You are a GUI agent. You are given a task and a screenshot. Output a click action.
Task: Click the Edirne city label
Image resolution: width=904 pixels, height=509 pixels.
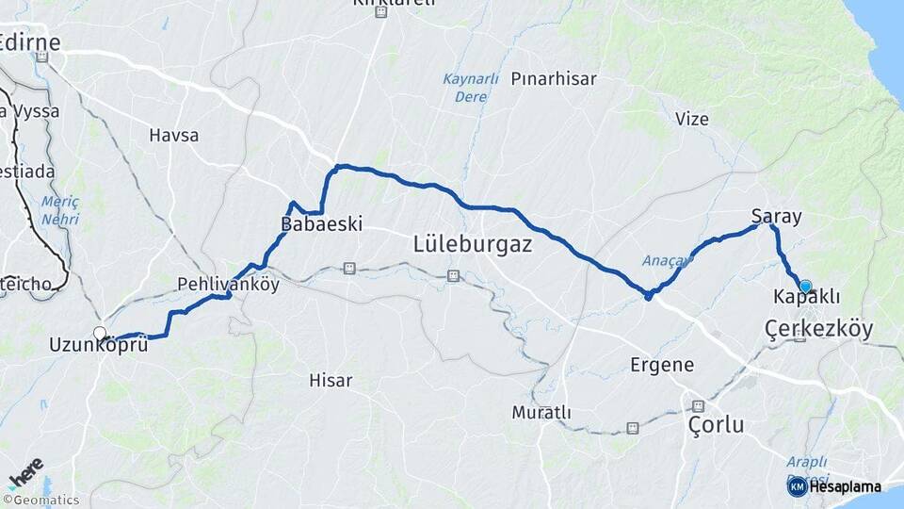(x=31, y=42)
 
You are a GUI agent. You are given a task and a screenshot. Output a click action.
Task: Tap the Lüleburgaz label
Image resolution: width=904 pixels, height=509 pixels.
(x=473, y=244)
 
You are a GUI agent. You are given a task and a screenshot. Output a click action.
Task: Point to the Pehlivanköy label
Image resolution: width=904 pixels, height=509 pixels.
(x=229, y=284)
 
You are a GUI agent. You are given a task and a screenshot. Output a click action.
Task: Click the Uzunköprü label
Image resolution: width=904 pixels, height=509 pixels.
(x=99, y=346)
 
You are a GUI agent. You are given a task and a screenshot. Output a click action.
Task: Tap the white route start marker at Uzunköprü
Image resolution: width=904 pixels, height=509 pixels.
(x=100, y=333)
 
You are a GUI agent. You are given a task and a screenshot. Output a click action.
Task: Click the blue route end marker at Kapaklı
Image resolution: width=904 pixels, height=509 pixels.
(x=805, y=287)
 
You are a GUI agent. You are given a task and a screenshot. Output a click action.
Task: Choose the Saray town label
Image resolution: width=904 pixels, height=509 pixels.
(x=777, y=217)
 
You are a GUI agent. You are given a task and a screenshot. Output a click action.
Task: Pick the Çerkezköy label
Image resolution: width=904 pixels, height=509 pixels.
(x=818, y=329)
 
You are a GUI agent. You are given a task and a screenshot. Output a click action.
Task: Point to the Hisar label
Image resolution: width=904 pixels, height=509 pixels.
(x=331, y=381)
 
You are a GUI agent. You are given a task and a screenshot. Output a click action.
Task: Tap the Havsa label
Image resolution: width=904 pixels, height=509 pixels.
(x=174, y=135)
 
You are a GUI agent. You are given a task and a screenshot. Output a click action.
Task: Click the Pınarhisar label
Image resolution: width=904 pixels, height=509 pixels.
(x=555, y=79)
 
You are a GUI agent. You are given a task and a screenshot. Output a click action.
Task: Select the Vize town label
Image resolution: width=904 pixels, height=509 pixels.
(x=692, y=119)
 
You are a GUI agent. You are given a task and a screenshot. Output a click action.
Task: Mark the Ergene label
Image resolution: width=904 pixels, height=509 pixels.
(x=663, y=365)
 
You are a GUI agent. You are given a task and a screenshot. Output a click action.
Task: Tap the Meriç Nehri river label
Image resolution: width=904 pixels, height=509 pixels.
(x=59, y=210)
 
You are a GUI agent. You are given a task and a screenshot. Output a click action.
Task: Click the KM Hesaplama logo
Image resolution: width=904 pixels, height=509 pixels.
(x=834, y=486)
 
